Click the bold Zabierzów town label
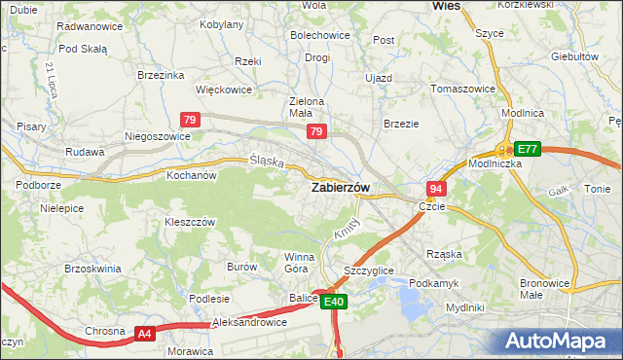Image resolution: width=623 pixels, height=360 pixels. (x=339, y=188)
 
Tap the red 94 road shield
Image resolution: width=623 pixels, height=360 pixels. (x=436, y=188)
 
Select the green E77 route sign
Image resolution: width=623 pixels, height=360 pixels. (x=528, y=149)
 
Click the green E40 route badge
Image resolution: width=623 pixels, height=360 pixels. (x=334, y=303)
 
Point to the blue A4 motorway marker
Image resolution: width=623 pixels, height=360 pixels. (x=144, y=334)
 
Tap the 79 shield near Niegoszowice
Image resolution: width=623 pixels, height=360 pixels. (x=191, y=120)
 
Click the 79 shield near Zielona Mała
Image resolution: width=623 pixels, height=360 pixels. (x=315, y=131)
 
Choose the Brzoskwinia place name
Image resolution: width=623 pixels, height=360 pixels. (x=92, y=268)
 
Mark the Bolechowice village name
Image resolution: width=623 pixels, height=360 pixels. (x=319, y=36)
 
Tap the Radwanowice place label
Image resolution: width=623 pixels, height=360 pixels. (x=90, y=26)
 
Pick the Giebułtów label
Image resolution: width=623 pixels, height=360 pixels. (x=573, y=56)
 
